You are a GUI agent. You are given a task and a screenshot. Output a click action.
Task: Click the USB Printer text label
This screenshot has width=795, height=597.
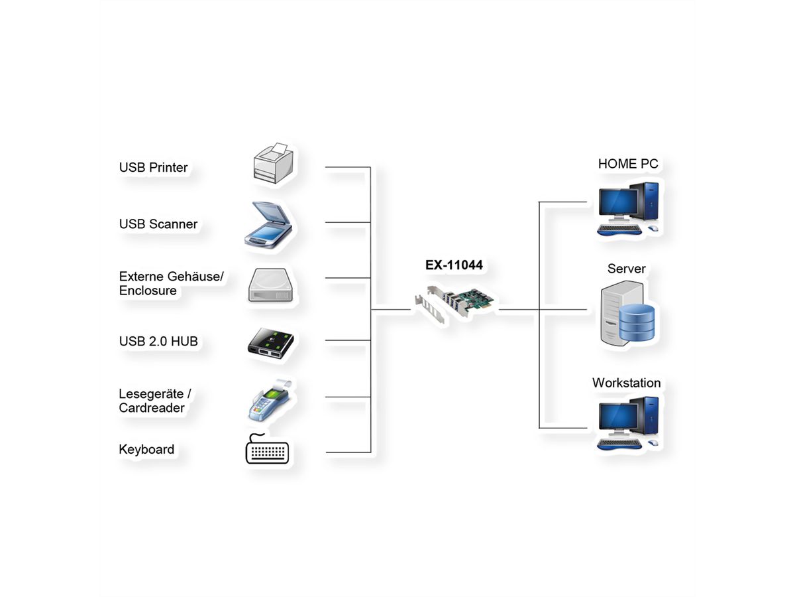153,167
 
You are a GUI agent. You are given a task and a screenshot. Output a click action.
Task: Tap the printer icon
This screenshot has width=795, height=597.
272,163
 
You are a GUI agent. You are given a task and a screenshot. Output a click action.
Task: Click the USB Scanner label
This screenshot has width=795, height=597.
158,224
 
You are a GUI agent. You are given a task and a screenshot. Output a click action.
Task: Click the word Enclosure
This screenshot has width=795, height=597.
148,291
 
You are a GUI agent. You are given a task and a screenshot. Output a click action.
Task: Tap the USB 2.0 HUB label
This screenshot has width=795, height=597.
158,342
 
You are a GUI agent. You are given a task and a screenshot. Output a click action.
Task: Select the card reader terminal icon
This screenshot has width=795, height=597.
268,400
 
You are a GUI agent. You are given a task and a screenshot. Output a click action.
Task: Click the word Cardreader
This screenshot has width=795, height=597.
152,408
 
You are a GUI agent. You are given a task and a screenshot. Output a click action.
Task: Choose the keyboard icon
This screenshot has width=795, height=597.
268,450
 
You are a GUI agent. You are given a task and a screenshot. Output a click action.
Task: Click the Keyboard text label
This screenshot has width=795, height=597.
146,450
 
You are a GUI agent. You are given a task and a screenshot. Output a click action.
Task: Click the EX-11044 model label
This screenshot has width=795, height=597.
454,266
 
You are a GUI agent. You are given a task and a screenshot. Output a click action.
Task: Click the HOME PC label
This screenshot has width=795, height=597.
627,164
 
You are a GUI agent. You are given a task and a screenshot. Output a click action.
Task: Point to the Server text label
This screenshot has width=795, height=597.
626,269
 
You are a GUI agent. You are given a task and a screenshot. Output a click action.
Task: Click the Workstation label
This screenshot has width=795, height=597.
626,383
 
